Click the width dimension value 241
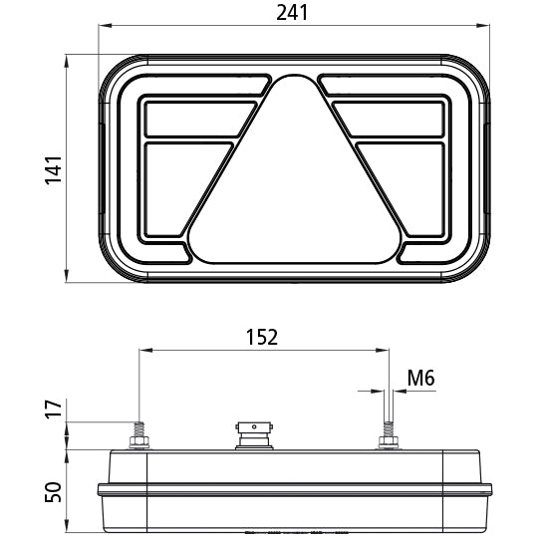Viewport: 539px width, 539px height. click(x=293, y=13)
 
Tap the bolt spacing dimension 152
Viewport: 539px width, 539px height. click(x=262, y=337)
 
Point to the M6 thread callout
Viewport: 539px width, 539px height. click(x=421, y=378)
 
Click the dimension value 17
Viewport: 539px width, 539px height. click(x=54, y=408)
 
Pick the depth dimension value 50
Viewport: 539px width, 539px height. click(x=54, y=490)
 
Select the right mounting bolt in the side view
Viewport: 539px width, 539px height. click(x=388, y=436)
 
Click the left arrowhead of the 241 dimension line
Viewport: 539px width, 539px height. click(x=102, y=26)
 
